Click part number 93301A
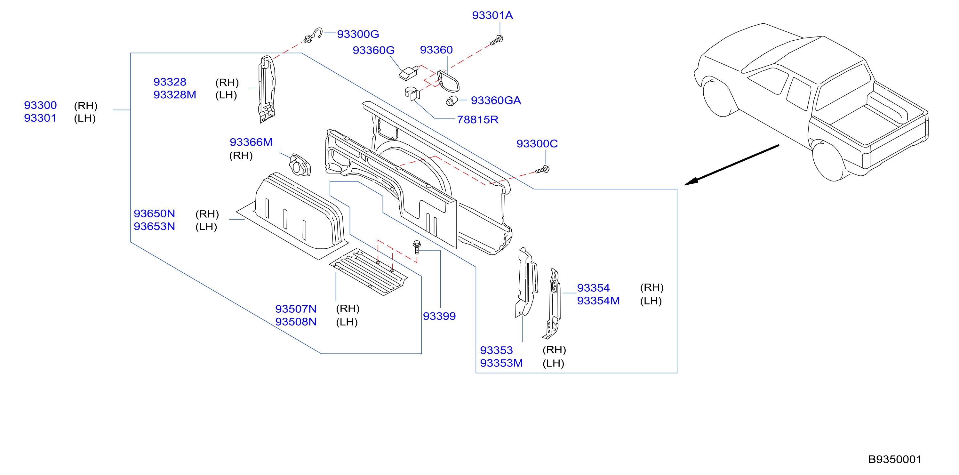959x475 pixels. coord(492,15)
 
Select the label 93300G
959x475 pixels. coord(358,34)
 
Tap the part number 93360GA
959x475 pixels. coord(496,101)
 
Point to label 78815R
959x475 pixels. coord(477,119)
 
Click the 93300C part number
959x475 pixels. coord(537,144)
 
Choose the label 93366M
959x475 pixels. coord(251,142)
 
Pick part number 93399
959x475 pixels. coord(439,316)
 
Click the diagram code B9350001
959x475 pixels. coord(895,459)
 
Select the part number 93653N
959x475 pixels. coord(154,226)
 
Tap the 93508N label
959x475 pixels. coord(296,322)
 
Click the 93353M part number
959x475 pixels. coord(501,363)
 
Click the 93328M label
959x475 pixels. coord(175,94)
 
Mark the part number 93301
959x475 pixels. coord(40,118)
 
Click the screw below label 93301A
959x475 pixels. coord(497,40)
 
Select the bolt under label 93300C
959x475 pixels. coord(542,170)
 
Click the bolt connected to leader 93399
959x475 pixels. coord(417,247)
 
